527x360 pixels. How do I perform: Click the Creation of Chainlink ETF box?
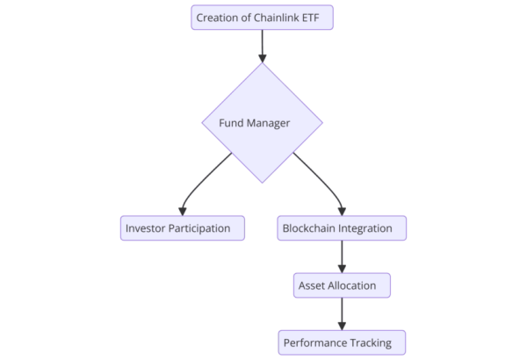[x=263, y=18]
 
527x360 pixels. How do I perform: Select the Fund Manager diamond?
[x=263, y=123]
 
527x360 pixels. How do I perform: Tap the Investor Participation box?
[x=183, y=228]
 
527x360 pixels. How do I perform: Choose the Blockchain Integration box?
[x=342, y=228]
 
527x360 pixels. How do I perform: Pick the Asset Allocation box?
[x=342, y=285]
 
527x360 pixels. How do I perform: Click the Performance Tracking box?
[x=342, y=342]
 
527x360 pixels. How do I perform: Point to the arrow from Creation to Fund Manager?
[x=263, y=46]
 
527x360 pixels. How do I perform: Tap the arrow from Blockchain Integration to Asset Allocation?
[x=342, y=256]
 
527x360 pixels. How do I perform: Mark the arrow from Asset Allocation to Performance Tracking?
[x=342, y=313]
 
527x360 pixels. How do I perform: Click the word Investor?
[x=148, y=228]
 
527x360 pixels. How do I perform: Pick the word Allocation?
[x=354, y=285]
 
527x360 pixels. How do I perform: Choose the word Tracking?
[x=379, y=342]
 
